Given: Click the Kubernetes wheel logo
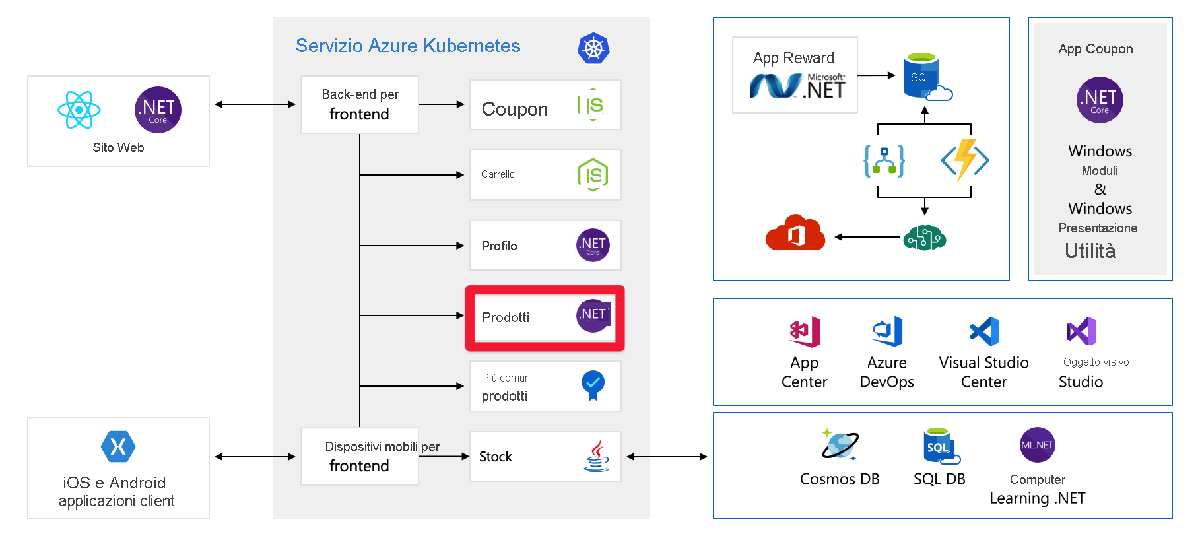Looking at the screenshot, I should [593, 48].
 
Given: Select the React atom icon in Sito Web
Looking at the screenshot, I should [79, 110].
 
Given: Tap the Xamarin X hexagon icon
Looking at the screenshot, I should [118, 447].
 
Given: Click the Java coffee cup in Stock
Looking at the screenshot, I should [596, 456].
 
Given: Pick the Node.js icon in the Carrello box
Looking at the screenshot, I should [593, 175].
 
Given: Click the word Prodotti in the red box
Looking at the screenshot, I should [506, 317].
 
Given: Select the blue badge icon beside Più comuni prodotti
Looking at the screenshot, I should [593, 385].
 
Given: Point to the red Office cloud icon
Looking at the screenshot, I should [795, 233].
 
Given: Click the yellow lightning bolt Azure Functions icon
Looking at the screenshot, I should [965, 159].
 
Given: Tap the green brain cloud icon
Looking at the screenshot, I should [924, 238].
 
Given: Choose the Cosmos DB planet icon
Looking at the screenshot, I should [840, 445].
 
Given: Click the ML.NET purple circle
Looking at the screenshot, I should [1037, 445].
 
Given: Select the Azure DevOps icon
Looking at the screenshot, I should [887, 331].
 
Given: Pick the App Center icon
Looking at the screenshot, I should [805, 331].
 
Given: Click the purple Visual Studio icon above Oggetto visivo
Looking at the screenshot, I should [1081, 331].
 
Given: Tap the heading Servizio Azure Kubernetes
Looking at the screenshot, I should [408, 46].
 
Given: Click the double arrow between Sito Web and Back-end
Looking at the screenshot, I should [255, 104].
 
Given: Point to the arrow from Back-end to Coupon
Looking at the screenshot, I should [442, 104].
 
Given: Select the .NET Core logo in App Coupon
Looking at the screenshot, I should [1100, 100].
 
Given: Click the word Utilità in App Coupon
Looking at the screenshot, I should [1090, 251].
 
